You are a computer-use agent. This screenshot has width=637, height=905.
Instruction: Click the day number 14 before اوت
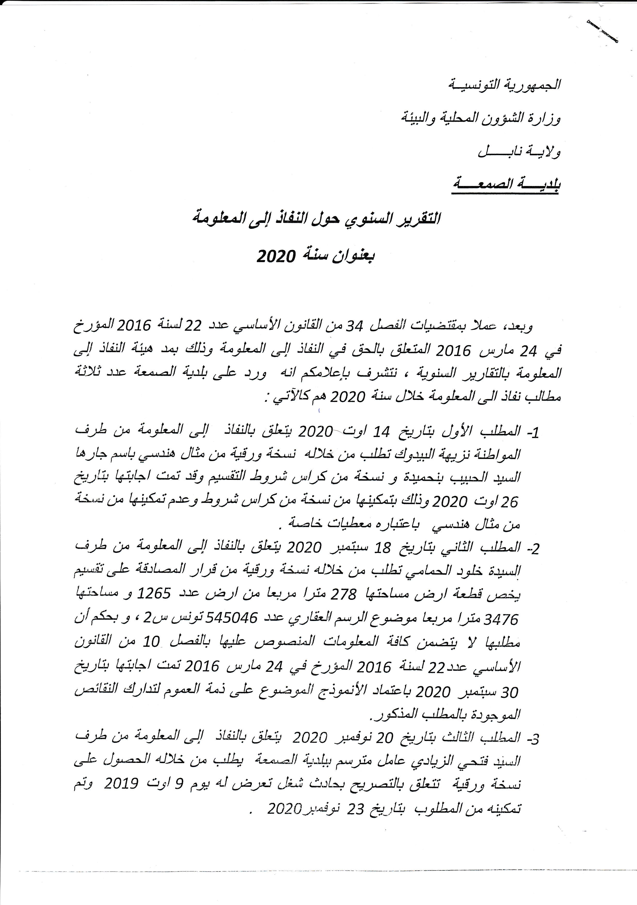click(x=381, y=432)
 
